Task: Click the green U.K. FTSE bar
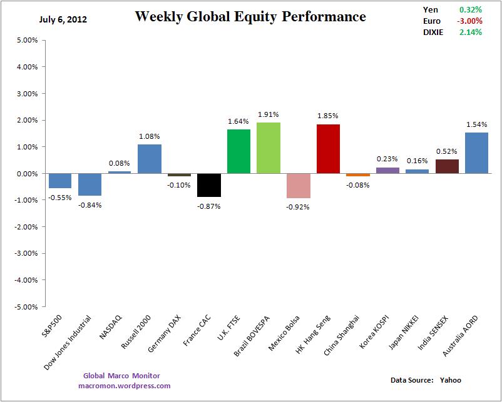[238, 151]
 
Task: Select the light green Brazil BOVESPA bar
[269, 148]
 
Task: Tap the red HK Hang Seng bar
[328, 149]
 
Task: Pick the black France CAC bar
[209, 185]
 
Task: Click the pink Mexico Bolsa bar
[298, 186]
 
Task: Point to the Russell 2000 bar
[150, 159]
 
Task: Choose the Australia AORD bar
[476, 153]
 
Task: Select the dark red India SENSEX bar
[447, 166]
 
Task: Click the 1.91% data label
[269, 115]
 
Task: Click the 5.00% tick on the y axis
[28, 40]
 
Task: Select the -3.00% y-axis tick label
[26, 254]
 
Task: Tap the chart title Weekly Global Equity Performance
[250, 17]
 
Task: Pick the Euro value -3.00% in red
[470, 21]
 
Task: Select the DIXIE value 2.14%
[470, 32]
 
